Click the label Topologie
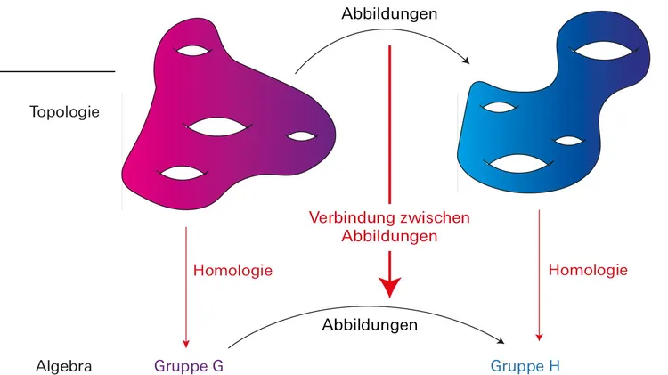64,112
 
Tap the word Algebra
63,366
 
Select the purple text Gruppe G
189,365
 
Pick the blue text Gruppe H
525,365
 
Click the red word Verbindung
354,217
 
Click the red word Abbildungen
389,236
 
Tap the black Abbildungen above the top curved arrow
389,13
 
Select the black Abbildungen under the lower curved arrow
370,325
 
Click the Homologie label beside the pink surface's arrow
232,270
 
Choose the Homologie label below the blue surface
588,270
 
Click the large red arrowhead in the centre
389,287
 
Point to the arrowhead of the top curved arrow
466,61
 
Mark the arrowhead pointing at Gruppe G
186,344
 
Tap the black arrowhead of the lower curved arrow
501,339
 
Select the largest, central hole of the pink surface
217,127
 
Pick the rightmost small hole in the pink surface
301,136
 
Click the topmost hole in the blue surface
604,51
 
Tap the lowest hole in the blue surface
518,164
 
